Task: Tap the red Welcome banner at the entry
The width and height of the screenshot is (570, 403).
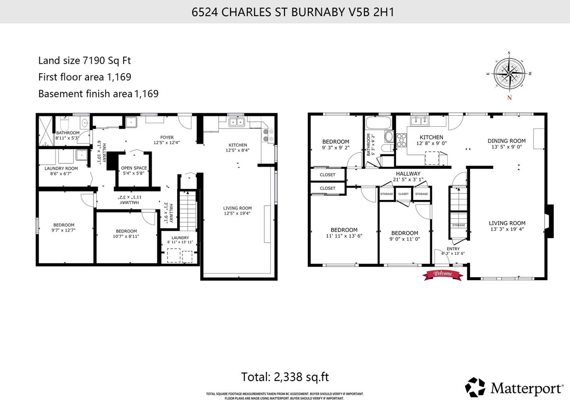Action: [442, 275]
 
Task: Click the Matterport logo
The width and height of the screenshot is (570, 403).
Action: [514, 387]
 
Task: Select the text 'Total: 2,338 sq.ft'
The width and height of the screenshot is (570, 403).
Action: [285, 377]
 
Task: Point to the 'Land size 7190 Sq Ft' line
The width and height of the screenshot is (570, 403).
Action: [84, 61]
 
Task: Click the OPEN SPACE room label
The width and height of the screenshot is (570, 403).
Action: [134, 168]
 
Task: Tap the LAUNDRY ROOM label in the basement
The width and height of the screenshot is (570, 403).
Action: [61, 168]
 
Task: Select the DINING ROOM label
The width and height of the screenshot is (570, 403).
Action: [506, 141]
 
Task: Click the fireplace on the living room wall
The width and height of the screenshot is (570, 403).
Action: [548, 221]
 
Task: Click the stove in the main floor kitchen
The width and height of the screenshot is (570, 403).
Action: [401, 140]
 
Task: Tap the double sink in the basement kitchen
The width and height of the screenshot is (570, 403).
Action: [236, 122]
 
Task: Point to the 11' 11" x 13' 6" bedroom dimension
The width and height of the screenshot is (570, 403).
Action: [344, 236]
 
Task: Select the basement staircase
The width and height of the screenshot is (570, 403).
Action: [188, 210]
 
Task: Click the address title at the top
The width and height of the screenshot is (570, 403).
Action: [293, 12]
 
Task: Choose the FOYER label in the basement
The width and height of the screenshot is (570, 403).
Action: [167, 137]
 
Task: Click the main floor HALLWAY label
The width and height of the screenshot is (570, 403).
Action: [408, 174]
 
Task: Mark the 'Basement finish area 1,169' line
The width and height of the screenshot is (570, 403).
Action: [98, 93]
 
